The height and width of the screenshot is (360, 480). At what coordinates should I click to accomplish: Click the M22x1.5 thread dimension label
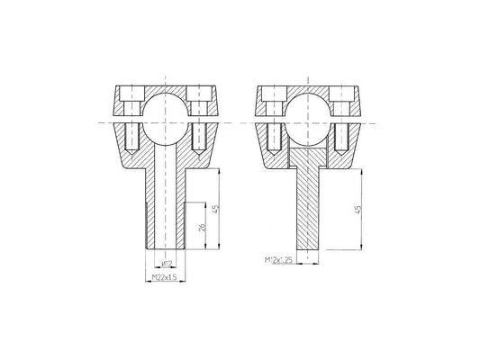coord(165,277)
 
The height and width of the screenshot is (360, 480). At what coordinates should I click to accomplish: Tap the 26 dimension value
coord(203,228)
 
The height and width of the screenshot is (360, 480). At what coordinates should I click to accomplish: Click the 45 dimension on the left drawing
coord(216,209)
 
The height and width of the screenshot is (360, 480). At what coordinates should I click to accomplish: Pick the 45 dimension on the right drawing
coord(358,210)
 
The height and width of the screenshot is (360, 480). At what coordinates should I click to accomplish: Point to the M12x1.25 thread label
coord(278,260)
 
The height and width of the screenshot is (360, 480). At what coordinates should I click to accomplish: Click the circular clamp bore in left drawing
coord(166,120)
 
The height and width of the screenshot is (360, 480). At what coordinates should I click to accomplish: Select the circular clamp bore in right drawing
coord(308,120)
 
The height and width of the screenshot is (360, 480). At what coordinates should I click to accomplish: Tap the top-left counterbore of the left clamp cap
coord(132,94)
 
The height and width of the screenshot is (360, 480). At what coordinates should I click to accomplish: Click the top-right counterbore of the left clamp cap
coord(199,94)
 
